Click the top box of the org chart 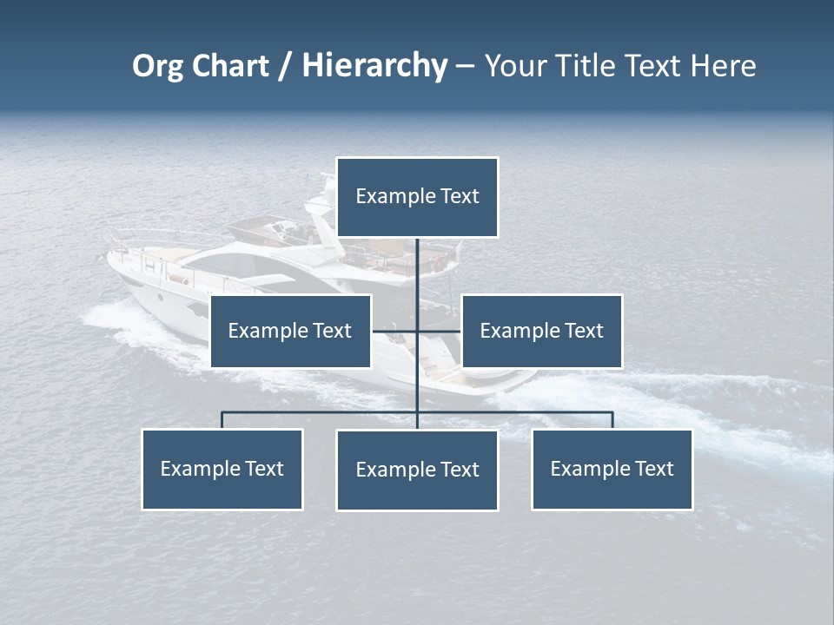pos(417,197)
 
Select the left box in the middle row pos(290,331)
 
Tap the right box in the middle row pos(541,331)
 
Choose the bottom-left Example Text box pos(222,469)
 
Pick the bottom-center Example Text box pos(417,470)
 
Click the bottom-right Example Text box pos(612,469)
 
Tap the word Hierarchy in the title pos(374,66)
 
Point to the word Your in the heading pos(514,66)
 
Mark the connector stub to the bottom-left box pos(222,420)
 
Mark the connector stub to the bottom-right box pos(612,420)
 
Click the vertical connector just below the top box pos(417,260)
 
